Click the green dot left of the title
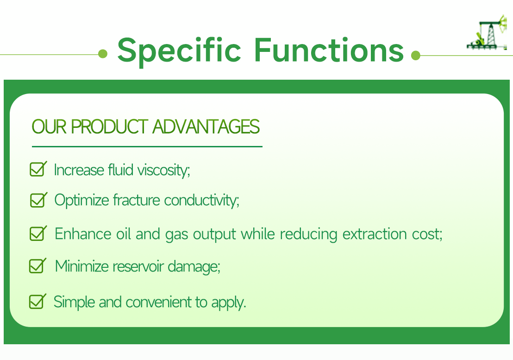point(103,55)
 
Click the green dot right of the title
point(415,56)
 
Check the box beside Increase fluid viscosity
point(38,169)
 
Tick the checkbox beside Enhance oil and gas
point(38,233)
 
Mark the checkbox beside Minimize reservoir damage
point(37,266)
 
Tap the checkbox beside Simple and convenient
point(37,302)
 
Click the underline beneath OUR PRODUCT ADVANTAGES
point(147,146)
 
